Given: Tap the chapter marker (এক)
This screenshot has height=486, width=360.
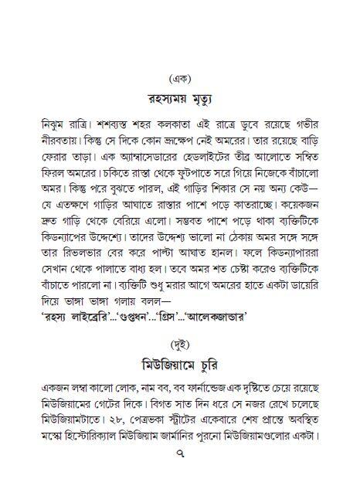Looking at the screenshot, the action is [180, 78].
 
